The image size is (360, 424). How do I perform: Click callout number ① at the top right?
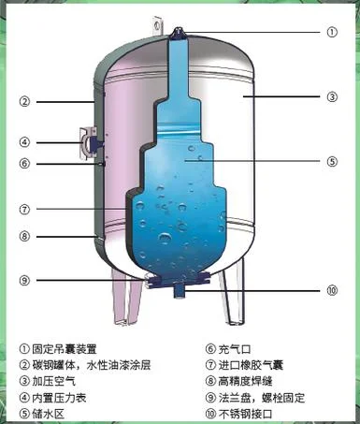tap(332, 32)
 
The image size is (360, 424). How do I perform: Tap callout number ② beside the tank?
tap(24, 102)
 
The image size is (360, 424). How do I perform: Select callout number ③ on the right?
tap(332, 96)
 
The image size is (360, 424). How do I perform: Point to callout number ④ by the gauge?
tap(24, 142)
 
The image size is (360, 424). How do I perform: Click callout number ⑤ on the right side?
tap(332, 162)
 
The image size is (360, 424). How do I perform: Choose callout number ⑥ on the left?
tap(24, 164)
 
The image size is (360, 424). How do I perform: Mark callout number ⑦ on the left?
tap(24, 209)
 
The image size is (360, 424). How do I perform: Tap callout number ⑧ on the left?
tap(24, 236)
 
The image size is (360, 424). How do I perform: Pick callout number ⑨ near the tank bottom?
tap(24, 280)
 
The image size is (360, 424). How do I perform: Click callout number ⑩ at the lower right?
tap(332, 290)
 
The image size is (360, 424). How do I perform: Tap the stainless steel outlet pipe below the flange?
tap(179, 291)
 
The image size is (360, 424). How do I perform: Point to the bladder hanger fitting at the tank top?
tap(179, 34)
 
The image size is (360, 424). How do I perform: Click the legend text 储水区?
tap(49, 414)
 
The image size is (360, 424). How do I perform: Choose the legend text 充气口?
tap(235, 349)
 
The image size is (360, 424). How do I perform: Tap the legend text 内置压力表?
tap(59, 398)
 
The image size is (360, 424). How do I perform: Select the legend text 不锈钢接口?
tap(245, 414)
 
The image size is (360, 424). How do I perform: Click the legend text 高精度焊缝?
tap(245, 381)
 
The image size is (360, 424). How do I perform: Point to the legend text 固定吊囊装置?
tap(65, 349)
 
